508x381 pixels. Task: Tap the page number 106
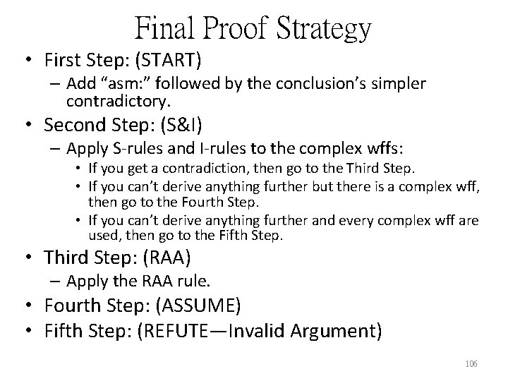(x=472, y=364)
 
